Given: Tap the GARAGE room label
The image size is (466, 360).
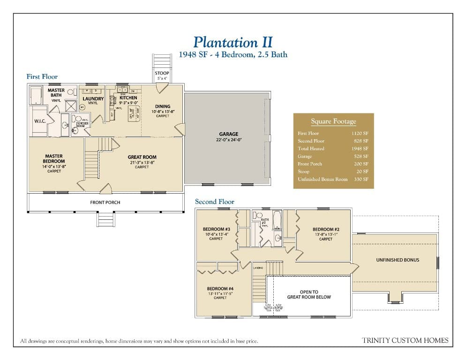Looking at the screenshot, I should click(x=228, y=134).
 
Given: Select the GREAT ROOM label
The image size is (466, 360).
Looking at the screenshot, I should click(x=142, y=157).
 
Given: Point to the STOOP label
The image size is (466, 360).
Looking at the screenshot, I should click(x=162, y=73).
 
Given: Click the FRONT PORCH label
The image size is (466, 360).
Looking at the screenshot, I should click(x=105, y=202).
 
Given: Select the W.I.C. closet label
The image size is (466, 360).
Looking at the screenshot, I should click(x=39, y=120).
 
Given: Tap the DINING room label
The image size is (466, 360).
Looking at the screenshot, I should click(x=163, y=106).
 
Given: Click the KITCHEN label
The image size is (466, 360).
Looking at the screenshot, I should click(x=128, y=98).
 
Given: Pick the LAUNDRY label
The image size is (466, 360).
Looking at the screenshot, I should click(x=93, y=99).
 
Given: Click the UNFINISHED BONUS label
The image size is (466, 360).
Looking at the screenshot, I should click(x=398, y=260).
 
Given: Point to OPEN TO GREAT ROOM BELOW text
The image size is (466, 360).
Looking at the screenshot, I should click(x=308, y=294).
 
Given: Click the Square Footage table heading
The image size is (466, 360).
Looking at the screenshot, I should click(x=333, y=121).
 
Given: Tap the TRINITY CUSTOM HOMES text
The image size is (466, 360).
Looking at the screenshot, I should click(x=405, y=340).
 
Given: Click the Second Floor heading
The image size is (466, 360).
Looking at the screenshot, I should click(x=214, y=202).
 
